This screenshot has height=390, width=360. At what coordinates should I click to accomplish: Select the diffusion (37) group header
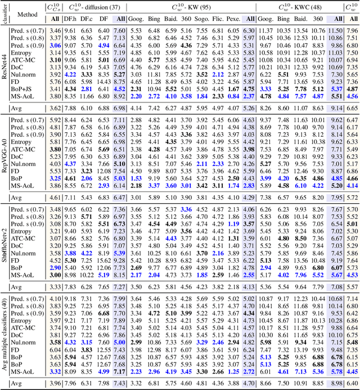point(94,7)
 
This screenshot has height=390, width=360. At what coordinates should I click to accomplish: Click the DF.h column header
point(70,19)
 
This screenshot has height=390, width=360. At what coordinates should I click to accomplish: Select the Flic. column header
point(219,19)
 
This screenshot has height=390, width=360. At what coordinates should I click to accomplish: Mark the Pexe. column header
point(235,19)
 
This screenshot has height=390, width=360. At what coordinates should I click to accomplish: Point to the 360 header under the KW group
point(187,19)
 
